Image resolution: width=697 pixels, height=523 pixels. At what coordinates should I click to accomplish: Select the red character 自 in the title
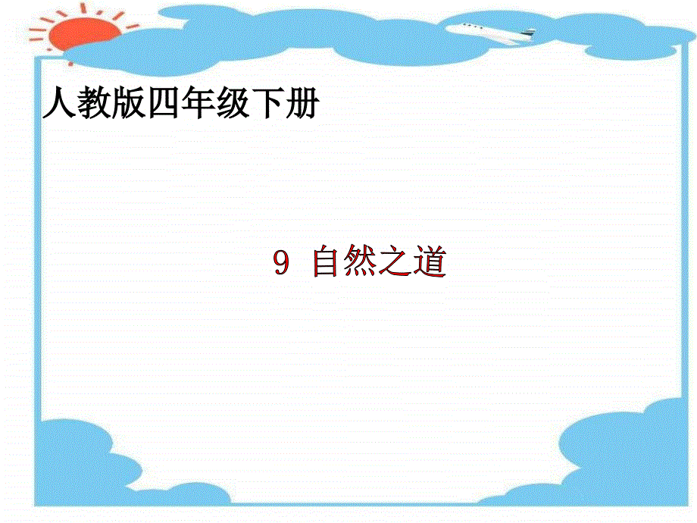click(327, 263)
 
